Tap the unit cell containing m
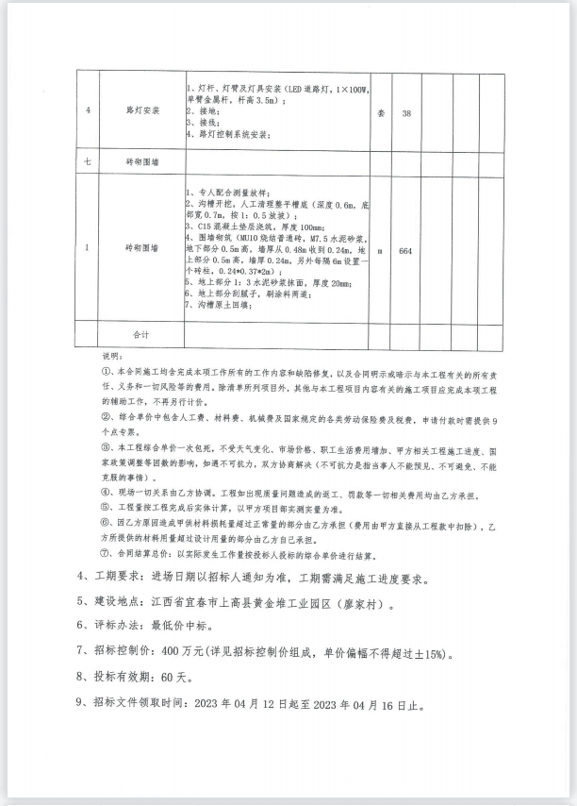pyautogui.click(x=381, y=252)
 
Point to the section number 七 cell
pyautogui.click(x=88, y=162)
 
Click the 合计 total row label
pyautogui.click(x=143, y=335)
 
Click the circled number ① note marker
pyautogui.click(x=107, y=372)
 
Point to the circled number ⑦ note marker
pyautogui.click(x=107, y=554)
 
